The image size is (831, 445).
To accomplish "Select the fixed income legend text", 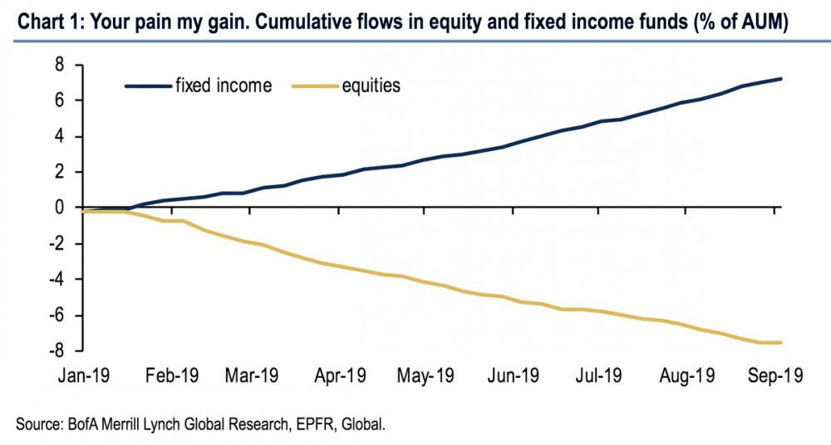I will [223, 86].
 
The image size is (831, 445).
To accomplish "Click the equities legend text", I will [371, 86].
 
